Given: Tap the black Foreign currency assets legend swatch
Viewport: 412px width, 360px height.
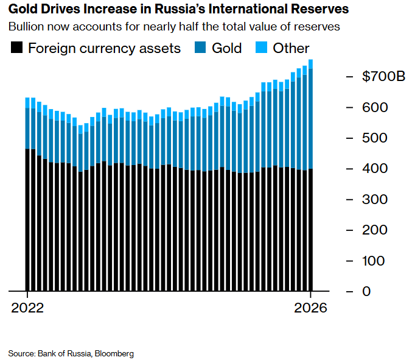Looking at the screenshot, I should coord(16,48).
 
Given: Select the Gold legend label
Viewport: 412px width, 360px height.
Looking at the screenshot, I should coord(226,48).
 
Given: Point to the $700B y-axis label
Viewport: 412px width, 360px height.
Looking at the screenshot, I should coord(383,77).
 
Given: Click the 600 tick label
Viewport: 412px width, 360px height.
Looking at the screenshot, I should coord(374,107).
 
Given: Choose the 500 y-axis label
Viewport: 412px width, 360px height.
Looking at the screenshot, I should coord(374,138).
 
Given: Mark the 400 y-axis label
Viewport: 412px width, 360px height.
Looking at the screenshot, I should coord(374,169).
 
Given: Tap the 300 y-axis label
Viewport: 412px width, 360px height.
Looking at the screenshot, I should coord(374,199).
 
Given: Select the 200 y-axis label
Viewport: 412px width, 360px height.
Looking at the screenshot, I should coord(374,230).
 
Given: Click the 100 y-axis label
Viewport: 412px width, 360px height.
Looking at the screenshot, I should coord(374,261).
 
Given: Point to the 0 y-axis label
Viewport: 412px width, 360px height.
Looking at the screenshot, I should coord(366,291).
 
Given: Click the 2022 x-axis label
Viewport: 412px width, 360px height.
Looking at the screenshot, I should coord(27,308).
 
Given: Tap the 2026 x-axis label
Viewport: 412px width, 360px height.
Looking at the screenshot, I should coord(311,308).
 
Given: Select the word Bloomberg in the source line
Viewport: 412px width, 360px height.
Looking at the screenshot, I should coord(115,353).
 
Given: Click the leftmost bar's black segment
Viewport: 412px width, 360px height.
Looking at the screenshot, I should coord(27,220).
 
